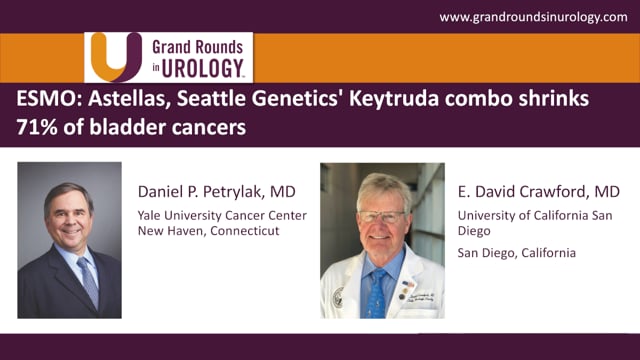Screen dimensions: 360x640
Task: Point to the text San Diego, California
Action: tap(516, 252)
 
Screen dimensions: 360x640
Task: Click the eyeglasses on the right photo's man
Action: tap(382, 215)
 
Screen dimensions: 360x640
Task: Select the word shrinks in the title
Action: tap(552, 101)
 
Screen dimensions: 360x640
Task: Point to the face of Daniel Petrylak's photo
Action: tap(70, 215)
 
